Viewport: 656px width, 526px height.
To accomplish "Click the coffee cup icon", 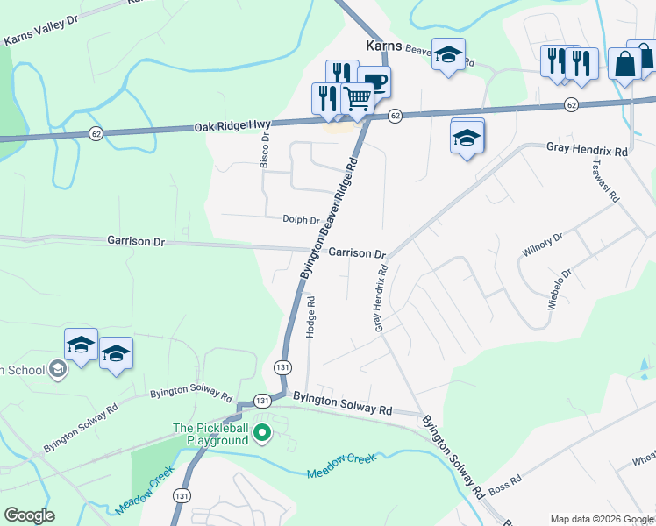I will coord(375,82).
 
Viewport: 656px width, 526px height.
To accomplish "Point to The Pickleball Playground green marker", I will coord(261,431).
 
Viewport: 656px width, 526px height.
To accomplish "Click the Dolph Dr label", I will coord(301,219).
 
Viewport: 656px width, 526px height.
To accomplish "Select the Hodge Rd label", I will coord(310,317).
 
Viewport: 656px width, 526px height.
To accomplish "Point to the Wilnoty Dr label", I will coord(541,243).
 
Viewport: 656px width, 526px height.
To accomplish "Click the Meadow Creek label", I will coord(340,466).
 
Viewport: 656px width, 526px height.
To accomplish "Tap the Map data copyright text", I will coord(602,519).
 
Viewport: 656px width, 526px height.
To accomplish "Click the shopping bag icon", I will coord(624,63).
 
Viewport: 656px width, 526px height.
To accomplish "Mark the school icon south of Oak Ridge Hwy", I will coord(467,137).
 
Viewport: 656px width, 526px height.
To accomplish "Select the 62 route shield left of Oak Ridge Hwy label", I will coord(96,133).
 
